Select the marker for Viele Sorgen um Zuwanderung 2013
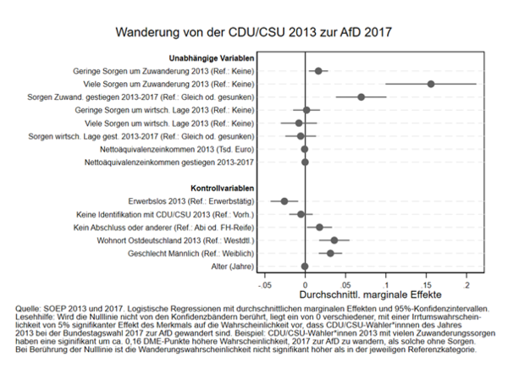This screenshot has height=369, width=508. (x=431, y=84)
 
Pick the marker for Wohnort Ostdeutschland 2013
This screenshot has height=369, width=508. (x=334, y=240)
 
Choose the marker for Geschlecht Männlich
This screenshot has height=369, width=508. (x=330, y=253)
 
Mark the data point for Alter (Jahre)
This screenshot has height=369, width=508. (x=305, y=267)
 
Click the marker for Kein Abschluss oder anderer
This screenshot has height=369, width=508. (x=320, y=227)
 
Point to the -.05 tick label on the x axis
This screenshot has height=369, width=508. (x=263, y=277)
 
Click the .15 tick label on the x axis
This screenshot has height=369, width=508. (x=426, y=277)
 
